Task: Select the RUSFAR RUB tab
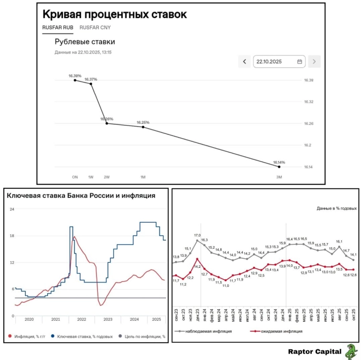click(57, 28)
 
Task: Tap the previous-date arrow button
click(245, 61)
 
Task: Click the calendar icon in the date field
click(299, 61)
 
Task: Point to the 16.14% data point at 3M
click(279, 166)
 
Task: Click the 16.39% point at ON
click(75, 80)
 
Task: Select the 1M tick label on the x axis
click(143, 177)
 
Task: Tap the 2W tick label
click(106, 177)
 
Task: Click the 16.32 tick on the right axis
click(309, 102)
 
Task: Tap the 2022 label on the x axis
click(82, 319)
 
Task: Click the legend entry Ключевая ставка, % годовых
click(82, 337)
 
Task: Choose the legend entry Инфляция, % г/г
click(29, 337)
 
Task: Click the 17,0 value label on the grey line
click(197, 235)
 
